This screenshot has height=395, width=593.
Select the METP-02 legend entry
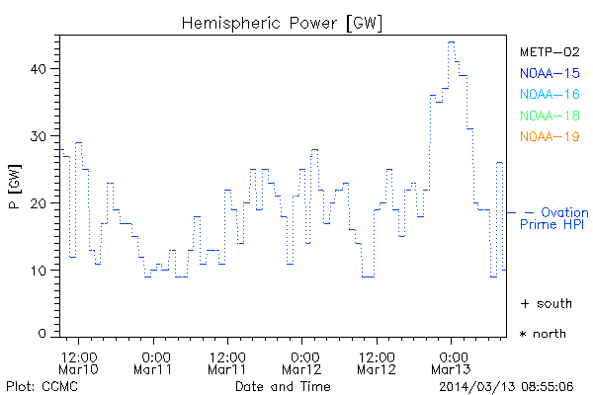point(549,51)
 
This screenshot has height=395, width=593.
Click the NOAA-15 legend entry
point(549,72)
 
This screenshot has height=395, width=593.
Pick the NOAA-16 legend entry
point(549,94)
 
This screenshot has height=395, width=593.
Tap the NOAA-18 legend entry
point(549,116)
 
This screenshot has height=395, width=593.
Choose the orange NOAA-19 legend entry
point(549,136)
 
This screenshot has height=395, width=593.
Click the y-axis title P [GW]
point(15,197)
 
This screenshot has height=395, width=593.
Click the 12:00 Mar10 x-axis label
point(78,362)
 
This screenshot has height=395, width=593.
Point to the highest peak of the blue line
point(451,42)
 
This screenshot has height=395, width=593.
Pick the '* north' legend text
point(543,334)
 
